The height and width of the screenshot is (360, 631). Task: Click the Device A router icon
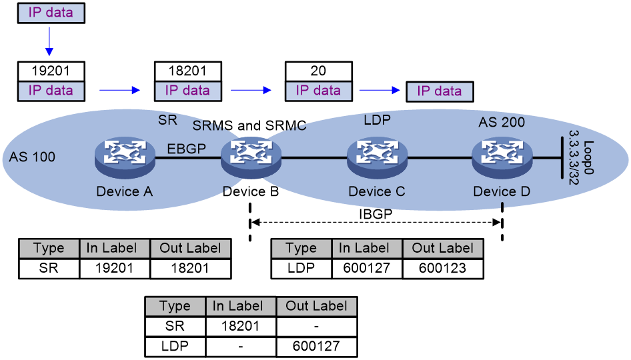pos(125,159)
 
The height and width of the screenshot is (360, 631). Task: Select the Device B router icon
pos(251,159)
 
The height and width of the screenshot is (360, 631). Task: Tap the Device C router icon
pos(377,159)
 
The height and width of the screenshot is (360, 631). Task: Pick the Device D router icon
pos(502,159)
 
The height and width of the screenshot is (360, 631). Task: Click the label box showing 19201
pos(51,71)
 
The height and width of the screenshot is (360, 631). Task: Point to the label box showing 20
pos(319,71)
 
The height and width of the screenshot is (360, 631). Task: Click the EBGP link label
pos(186,149)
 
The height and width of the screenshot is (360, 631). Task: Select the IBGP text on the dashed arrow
pos(376,214)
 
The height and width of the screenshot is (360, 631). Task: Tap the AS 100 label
pos(32,157)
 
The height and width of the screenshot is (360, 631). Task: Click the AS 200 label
pos(502,122)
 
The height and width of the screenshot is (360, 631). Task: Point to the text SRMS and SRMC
pos(249,125)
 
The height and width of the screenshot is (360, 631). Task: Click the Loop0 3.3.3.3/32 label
pos(581,157)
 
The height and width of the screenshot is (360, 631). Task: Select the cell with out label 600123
pos(443,268)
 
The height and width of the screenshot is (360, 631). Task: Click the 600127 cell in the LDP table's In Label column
pos(367,268)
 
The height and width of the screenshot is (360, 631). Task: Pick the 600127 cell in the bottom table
pos(316,346)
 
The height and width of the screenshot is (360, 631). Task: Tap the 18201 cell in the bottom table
pos(240,326)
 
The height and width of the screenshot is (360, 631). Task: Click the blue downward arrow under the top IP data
pos(49,41)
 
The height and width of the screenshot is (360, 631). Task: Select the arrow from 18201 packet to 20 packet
pos(251,90)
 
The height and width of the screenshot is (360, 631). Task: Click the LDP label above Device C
pos(377,120)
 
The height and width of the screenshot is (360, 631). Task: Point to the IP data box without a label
pos(440,91)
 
